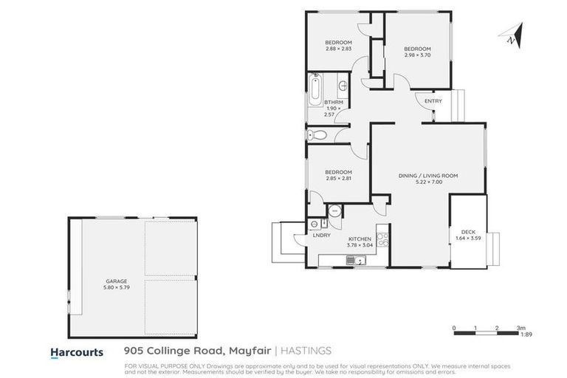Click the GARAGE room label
[x=116, y=281]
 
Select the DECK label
[x=468, y=231]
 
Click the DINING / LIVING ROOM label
[x=428, y=175]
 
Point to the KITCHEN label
[x=360, y=239]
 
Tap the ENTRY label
[x=433, y=101]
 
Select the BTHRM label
[x=334, y=103]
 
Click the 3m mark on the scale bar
[x=520, y=327]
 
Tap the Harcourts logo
[x=77, y=352]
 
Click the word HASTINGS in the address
[x=306, y=352]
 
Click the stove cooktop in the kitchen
[x=382, y=238]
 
